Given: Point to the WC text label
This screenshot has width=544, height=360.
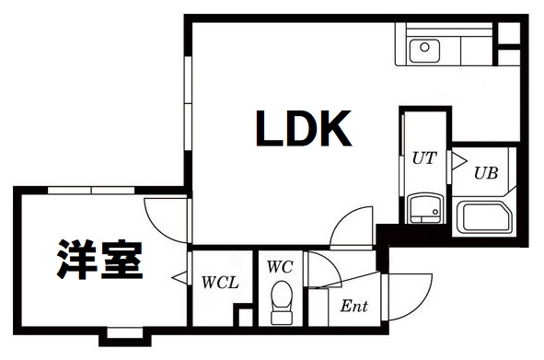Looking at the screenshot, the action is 280,267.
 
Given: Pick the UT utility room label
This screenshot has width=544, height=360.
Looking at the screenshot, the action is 422,157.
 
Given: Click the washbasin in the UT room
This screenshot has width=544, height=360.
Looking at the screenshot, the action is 423,209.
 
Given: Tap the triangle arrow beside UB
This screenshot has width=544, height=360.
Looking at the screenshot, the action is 456,160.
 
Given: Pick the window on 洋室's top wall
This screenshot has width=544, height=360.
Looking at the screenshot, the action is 93,191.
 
